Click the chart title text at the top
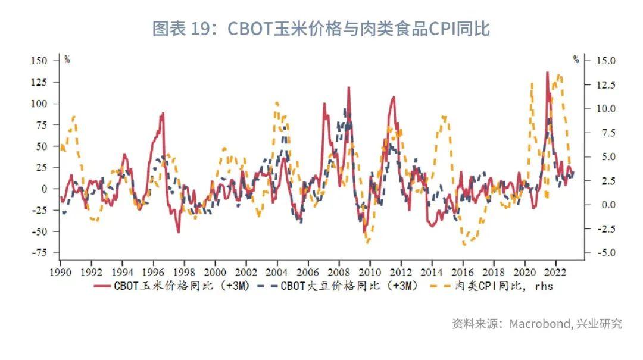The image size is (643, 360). (321, 29)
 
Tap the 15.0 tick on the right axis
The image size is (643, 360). (603, 61)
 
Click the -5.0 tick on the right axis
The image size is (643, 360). (603, 253)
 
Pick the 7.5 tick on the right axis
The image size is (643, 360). (603, 133)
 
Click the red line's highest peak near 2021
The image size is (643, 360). (547, 72)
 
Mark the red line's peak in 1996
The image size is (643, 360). (162, 113)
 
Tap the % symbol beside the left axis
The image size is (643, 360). (67, 60)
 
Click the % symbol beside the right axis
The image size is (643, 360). (576, 60)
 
